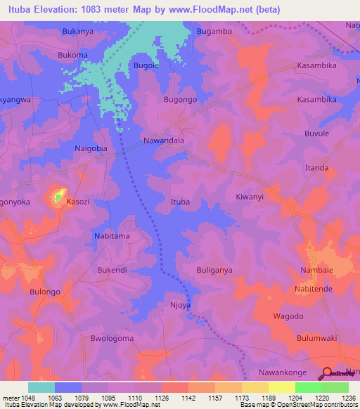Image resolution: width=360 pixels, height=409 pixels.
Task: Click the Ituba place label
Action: [181, 202]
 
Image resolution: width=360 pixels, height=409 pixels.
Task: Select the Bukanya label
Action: [78, 32]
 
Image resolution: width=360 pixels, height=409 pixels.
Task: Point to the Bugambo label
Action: [215, 32]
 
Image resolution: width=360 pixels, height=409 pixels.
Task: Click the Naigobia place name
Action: [91, 149]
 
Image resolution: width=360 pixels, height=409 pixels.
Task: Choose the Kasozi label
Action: [78, 202]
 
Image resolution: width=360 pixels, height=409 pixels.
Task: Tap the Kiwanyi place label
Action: [250, 197]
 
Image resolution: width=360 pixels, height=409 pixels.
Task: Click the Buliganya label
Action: [214, 270]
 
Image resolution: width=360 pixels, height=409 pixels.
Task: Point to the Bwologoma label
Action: [112, 338]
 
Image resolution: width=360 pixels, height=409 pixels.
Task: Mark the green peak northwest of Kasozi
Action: [58, 196]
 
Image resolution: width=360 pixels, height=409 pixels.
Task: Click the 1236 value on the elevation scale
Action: [349, 397]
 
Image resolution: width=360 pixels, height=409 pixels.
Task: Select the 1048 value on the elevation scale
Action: [23, 397]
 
